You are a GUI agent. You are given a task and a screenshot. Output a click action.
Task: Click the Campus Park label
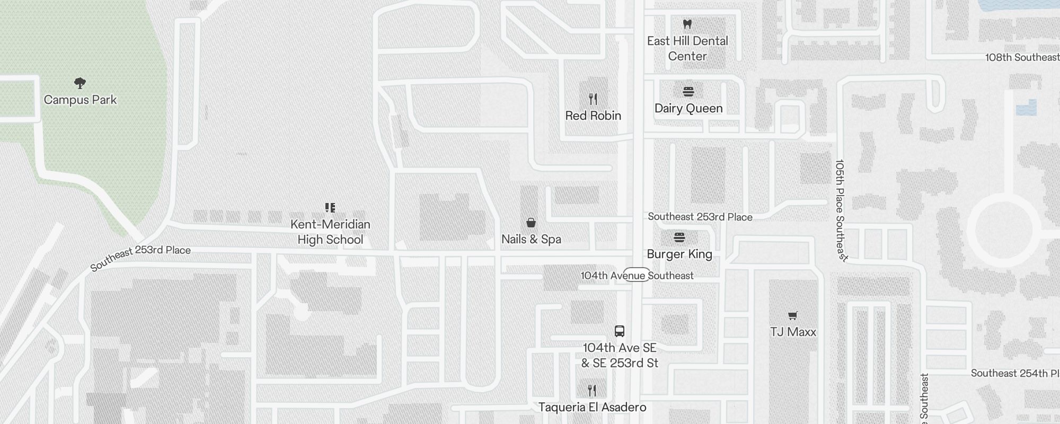tap(80, 100)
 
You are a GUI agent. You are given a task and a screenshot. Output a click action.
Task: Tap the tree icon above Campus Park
tap(80, 83)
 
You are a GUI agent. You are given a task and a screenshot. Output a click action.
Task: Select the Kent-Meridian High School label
tap(330, 232)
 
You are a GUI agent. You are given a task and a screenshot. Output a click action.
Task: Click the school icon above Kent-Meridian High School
tap(330, 207)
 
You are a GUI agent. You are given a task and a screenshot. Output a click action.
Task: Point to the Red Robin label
tap(593, 116)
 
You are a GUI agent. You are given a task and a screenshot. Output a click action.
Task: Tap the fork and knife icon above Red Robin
tap(593, 99)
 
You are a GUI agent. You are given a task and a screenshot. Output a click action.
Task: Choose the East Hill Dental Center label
tap(687, 48)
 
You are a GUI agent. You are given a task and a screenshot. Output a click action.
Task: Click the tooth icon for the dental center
tap(687, 24)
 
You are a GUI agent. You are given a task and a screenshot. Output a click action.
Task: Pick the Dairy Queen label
tap(688, 108)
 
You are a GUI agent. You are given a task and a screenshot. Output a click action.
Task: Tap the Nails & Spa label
tap(531, 239)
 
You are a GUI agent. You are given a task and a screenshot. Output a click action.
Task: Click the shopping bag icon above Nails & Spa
tap(531, 223)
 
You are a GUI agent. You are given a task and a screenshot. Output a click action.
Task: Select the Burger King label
tap(679, 254)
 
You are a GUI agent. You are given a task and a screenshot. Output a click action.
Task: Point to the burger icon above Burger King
tap(679, 237)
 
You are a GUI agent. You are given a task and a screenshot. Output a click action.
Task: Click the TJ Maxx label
tap(793, 332)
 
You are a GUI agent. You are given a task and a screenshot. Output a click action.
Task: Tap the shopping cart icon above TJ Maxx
tap(793, 316)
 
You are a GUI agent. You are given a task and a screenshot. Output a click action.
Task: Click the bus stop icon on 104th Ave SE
tap(620, 331)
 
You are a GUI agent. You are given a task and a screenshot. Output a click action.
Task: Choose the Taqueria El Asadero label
tap(592, 407)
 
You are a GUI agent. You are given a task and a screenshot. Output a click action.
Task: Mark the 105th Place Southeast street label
tap(841, 210)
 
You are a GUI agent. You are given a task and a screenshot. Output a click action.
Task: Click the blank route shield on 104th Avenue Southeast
tap(637, 275)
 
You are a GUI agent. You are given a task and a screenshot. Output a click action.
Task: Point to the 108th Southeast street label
tap(1022, 57)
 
